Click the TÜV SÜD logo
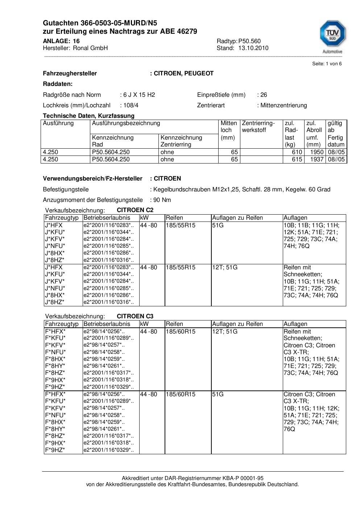tap(332, 35)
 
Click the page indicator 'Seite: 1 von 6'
tap(327, 64)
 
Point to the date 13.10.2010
tap(253, 48)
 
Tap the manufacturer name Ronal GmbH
tap(90, 48)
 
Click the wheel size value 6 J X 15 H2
tap(139, 95)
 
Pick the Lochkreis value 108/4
tap(131, 105)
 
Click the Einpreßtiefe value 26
tap(264, 95)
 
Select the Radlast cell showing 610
tap(297, 152)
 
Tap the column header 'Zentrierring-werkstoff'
tap(258, 127)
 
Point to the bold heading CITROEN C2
tap(135, 210)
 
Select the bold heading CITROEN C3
tap(135, 316)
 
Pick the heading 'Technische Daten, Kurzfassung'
tap(88, 116)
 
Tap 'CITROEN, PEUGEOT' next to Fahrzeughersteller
tap(183, 74)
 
